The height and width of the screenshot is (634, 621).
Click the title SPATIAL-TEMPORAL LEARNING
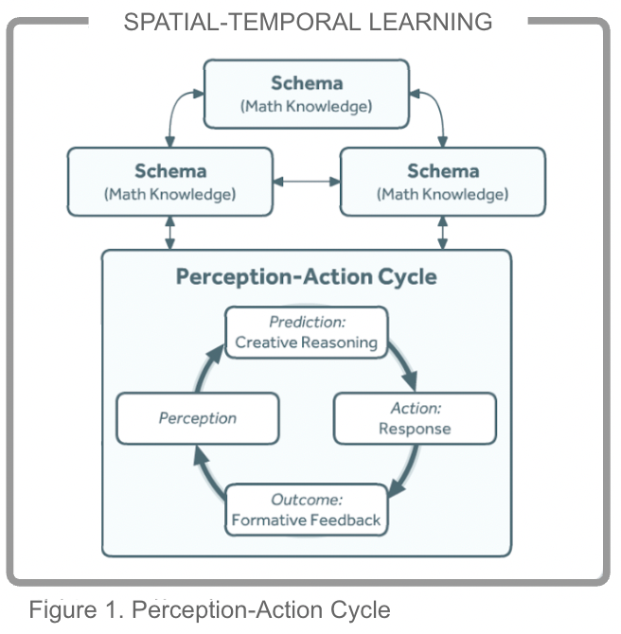pyautogui.click(x=308, y=21)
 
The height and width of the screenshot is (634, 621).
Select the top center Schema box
pyautogui.click(x=307, y=94)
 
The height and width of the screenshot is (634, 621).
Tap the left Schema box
pyautogui.click(x=169, y=182)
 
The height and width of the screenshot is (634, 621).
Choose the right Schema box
pyautogui.click(x=442, y=182)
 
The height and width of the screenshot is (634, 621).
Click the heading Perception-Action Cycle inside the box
pyautogui.click(x=307, y=277)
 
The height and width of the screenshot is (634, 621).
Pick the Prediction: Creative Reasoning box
pyautogui.click(x=306, y=332)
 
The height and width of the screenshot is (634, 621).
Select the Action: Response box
pyautogui.click(x=415, y=418)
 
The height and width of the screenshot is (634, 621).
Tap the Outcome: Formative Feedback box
pyautogui.click(x=306, y=509)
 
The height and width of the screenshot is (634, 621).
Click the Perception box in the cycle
pyautogui.click(x=198, y=418)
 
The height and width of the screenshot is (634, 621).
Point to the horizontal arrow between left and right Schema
pyautogui.click(x=305, y=182)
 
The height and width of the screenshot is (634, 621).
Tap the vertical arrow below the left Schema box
pyautogui.click(x=170, y=233)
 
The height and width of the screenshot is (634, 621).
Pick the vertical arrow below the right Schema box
pyautogui.click(x=442, y=233)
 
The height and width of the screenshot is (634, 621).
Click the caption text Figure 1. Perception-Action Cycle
pyautogui.click(x=209, y=609)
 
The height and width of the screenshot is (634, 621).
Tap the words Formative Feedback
pyautogui.click(x=306, y=520)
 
